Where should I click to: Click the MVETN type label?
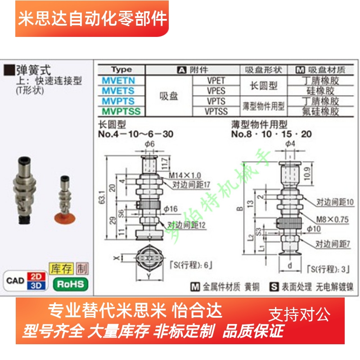coord(118,81)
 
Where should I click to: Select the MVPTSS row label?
coord(121,111)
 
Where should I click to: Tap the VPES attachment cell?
coord(216,91)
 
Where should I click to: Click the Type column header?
coord(121,70)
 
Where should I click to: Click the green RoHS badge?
coord(71,284)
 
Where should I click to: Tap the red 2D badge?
coord(38,276)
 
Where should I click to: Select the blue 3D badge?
coord(38,286)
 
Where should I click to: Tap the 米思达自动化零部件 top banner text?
coord(92,19)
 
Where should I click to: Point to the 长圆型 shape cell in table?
coord(264,86)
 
